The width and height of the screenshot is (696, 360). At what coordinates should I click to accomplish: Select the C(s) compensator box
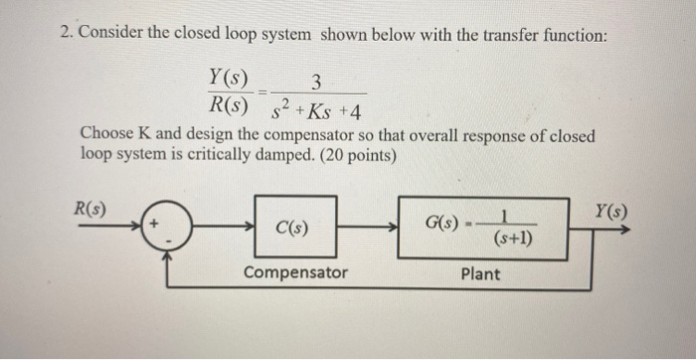tap(295, 229)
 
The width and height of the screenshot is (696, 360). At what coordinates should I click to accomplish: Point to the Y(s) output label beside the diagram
tap(609, 211)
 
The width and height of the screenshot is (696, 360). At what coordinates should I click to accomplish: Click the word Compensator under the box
tap(295, 272)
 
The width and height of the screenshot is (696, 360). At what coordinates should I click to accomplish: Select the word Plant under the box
tap(481, 273)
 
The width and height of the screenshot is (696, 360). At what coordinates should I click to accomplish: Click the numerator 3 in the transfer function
tap(315, 82)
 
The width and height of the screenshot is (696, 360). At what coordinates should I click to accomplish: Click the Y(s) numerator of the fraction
tap(230, 78)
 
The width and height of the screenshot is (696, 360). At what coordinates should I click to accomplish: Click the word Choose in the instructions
tap(107, 134)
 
